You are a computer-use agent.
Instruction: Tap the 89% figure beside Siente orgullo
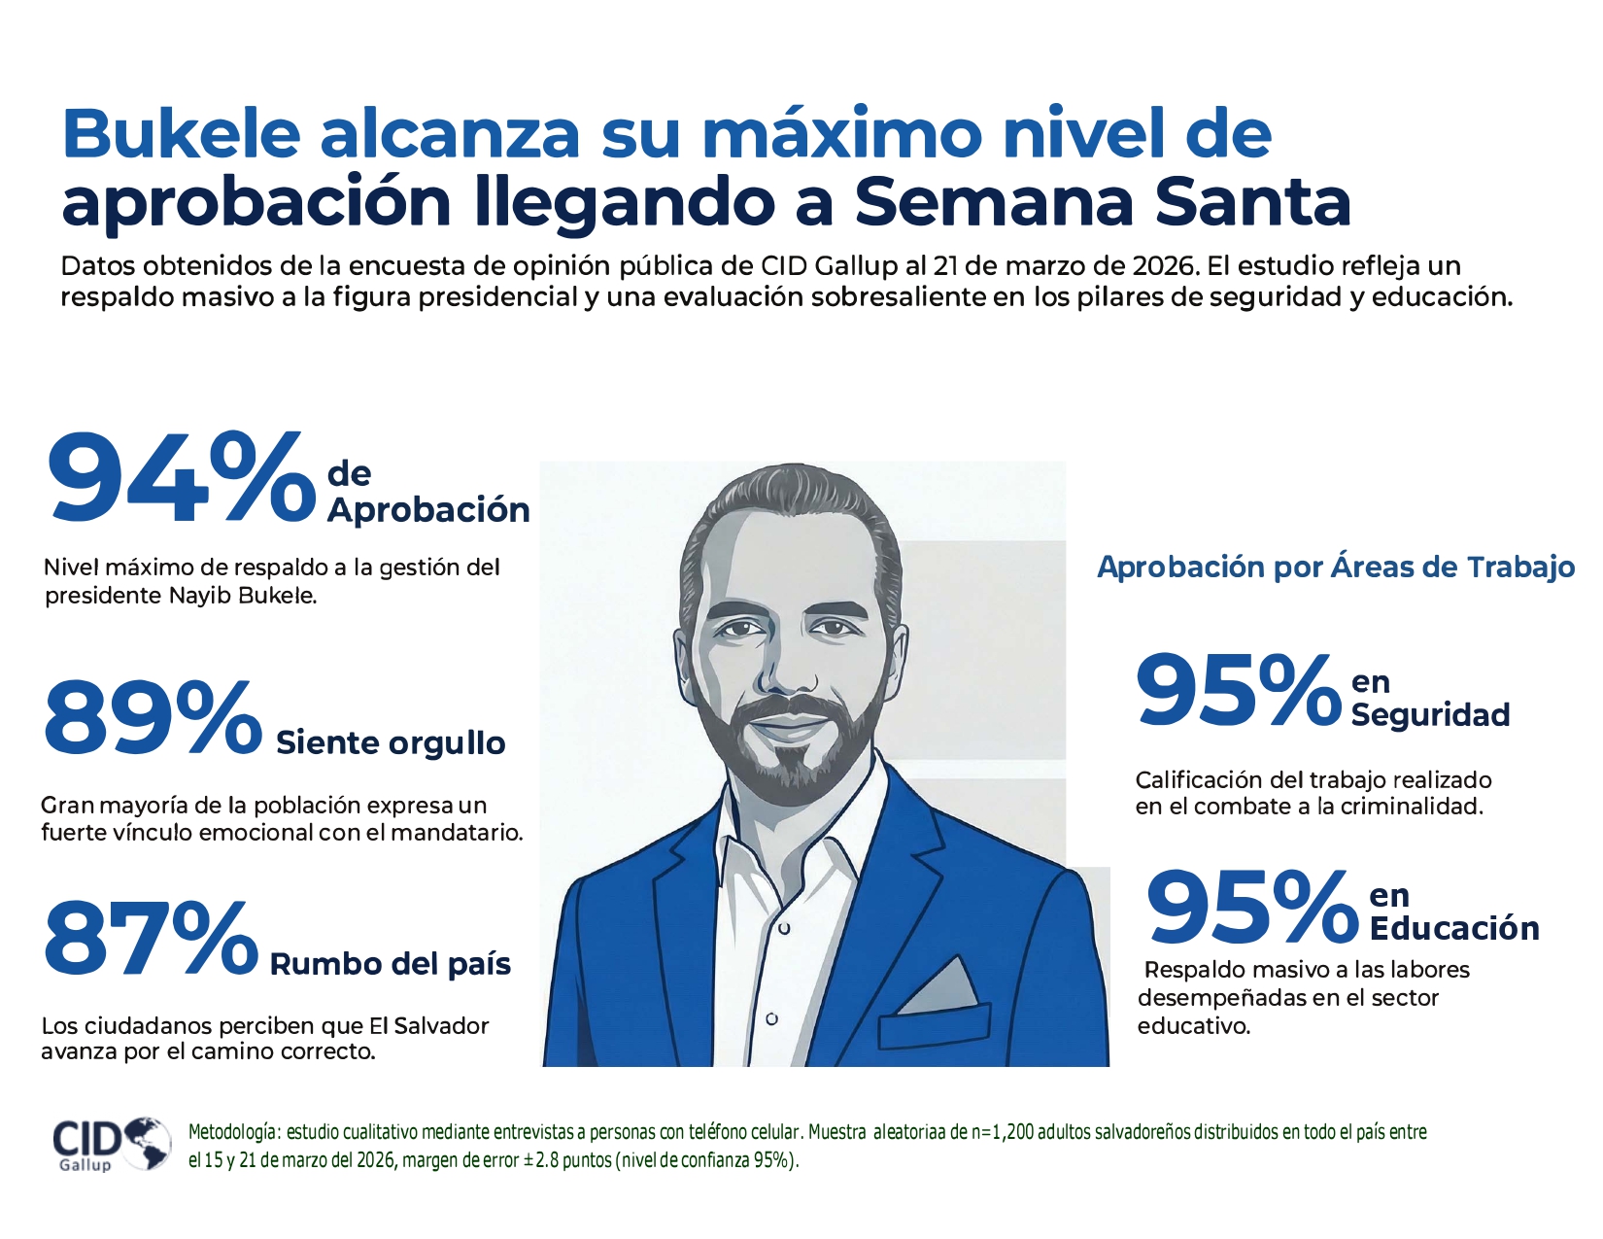(153, 719)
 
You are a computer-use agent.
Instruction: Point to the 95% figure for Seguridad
(1238, 691)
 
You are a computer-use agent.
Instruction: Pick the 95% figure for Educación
(1251, 909)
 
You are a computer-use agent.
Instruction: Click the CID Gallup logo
(110, 1144)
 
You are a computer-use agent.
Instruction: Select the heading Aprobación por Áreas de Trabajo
(1336, 568)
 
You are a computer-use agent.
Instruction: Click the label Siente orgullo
(391, 743)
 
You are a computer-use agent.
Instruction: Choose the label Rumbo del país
(391, 964)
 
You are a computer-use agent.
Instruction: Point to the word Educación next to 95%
(1454, 929)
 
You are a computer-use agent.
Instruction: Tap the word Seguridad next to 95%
(1430, 715)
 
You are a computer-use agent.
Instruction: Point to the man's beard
(789, 748)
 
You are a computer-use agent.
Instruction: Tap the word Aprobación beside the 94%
(428, 510)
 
